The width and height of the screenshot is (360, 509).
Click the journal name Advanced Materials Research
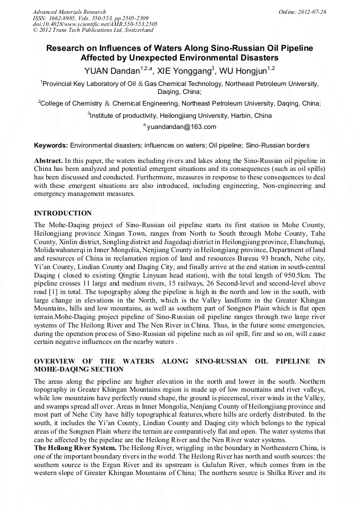pos(69,12)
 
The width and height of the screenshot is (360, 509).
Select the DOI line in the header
pos(95,24)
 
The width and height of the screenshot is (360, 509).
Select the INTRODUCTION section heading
pos(63,213)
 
